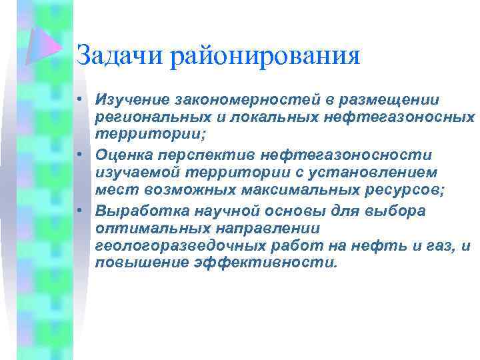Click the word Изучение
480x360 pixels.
click(x=132, y=99)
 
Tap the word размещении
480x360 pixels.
click(x=393, y=99)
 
